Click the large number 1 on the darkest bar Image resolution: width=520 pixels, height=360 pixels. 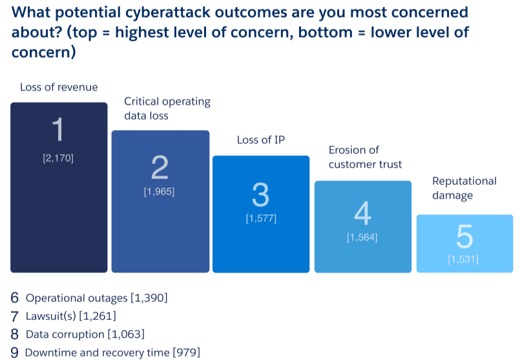(x=59, y=130)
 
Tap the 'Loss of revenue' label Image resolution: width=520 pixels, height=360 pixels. (x=59, y=87)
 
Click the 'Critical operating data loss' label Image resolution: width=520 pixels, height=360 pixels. (x=167, y=109)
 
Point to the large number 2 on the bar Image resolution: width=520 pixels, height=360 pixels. (x=160, y=167)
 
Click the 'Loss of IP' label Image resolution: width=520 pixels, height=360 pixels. (x=261, y=140)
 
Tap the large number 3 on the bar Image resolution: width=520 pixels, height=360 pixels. (x=261, y=195)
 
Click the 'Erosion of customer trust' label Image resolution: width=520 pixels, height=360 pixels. (x=365, y=157)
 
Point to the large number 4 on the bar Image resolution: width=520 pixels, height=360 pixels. (x=362, y=213)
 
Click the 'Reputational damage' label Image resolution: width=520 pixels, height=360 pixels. (x=464, y=187)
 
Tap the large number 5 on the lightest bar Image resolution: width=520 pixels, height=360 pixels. (x=464, y=237)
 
